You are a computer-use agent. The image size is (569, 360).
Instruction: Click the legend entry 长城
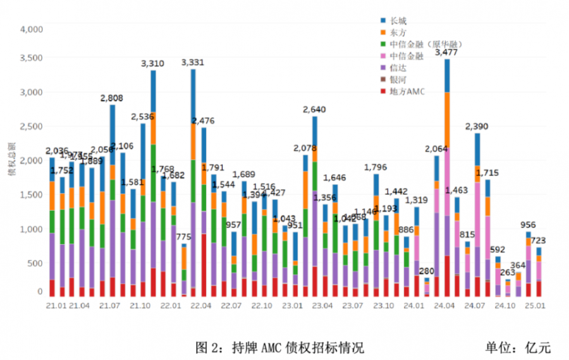tap(398, 20)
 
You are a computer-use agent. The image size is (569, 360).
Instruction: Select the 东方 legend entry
tap(398, 32)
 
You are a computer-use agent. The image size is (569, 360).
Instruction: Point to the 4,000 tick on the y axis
tap(31, 29)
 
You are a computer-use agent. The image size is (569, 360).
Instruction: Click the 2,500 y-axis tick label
tap(31, 126)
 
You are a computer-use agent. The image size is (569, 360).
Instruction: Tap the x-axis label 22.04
tap(200, 306)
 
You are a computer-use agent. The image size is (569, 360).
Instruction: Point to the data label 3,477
tap(446, 54)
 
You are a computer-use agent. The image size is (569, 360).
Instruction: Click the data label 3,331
tap(192, 63)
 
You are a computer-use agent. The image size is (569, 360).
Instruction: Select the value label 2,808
tap(112, 98)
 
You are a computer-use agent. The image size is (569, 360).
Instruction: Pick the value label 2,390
tap(477, 127)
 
